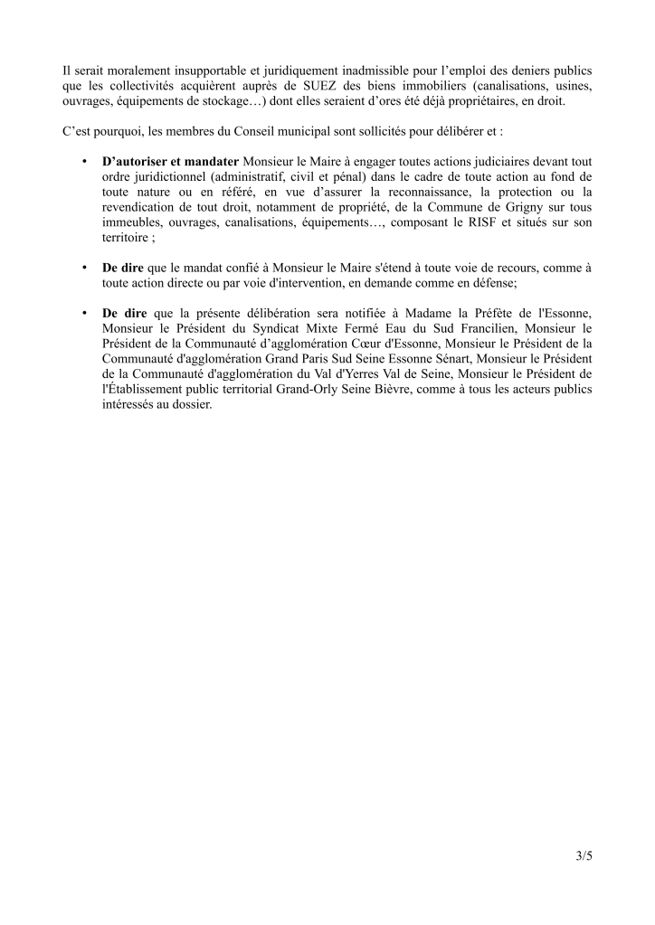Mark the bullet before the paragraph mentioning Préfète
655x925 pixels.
[84, 313]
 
